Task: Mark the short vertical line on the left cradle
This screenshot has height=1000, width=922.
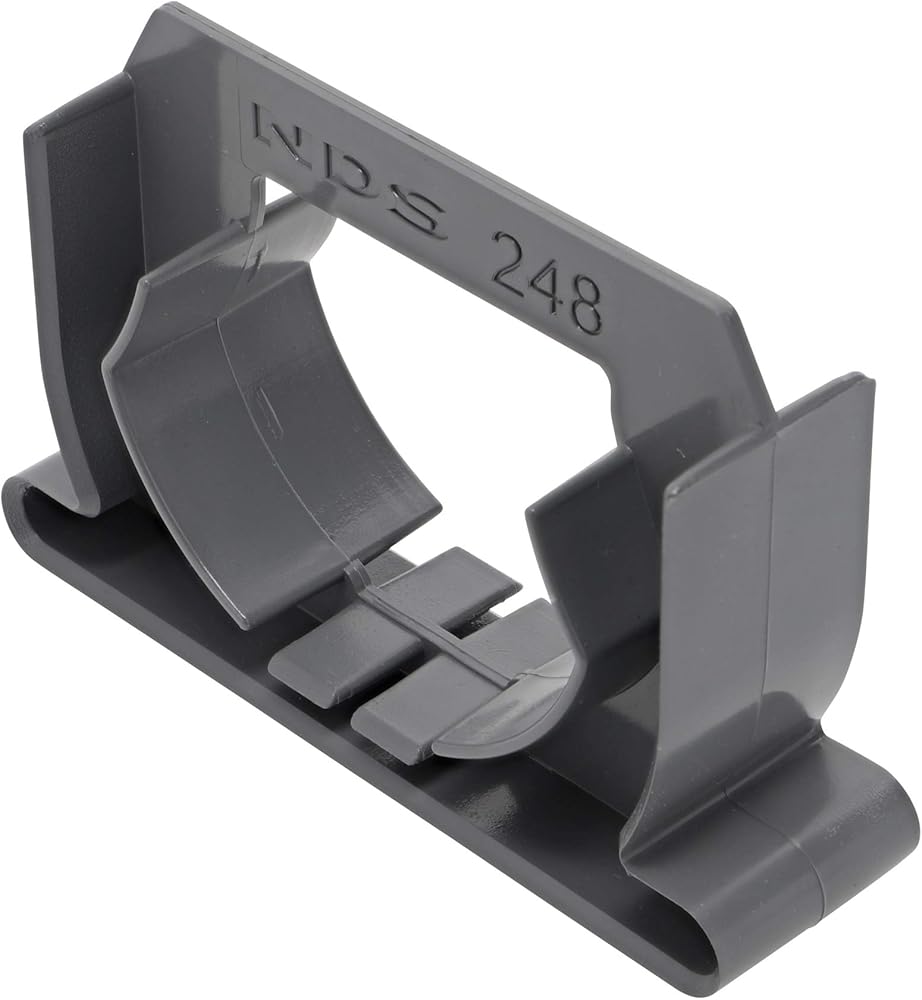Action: [x=267, y=408]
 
